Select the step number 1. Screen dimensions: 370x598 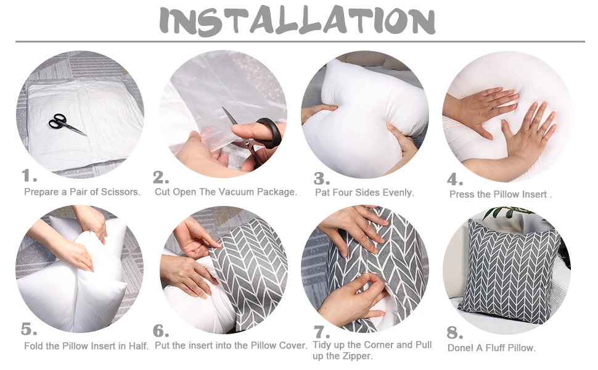tap(30, 175)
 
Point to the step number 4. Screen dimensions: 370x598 tap(455, 179)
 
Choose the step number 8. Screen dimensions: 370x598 tap(455, 333)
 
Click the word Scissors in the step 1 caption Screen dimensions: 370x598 tap(121, 192)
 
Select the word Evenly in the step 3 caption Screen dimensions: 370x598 tap(398, 192)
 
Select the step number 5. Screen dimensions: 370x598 tap(29, 328)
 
